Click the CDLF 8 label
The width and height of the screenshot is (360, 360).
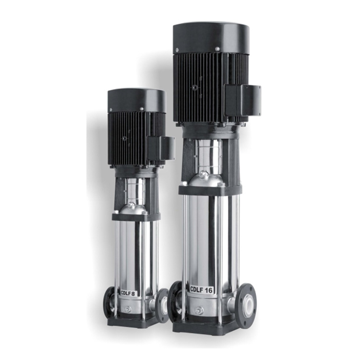tap(128, 293)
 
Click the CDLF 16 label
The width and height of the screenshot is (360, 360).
tap(201, 289)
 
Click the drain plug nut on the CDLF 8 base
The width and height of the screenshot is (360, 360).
tap(128, 309)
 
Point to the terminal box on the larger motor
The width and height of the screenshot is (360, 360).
tap(243, 100)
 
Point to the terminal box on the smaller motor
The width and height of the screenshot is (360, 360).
tap(161, 148)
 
